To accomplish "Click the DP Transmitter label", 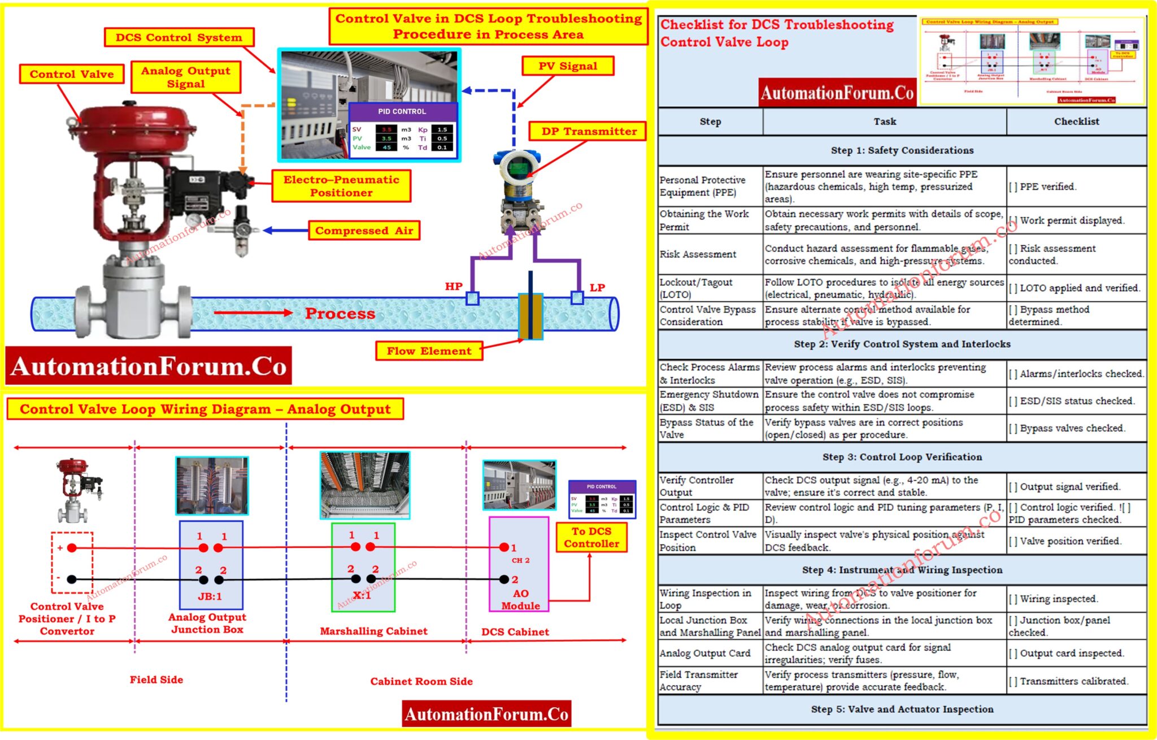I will (x=589, y=131).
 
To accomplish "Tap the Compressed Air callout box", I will (x=364, y=230).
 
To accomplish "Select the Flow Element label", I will (x=429, y=351).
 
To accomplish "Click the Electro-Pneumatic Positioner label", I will (x=341, y=186).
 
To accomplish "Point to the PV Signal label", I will (x=567, y=66).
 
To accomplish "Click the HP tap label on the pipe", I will (x=454, y=286).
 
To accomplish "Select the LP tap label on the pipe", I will (x=597, y=288).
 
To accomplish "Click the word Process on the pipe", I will (x=340, y=314).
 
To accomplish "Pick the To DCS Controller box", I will (x=591, y=537).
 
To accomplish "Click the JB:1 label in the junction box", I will (x=210, y=597).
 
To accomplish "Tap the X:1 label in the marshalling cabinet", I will (x=362, y=595).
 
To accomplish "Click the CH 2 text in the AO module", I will (x=520, y=560).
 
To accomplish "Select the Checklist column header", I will (x=1076, y=121).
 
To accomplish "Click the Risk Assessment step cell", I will (x=698, y=254).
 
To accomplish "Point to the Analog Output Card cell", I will (x=705, y=653).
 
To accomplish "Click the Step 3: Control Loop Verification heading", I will (x=902, y=457).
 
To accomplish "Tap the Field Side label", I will (x=156, y=680).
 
